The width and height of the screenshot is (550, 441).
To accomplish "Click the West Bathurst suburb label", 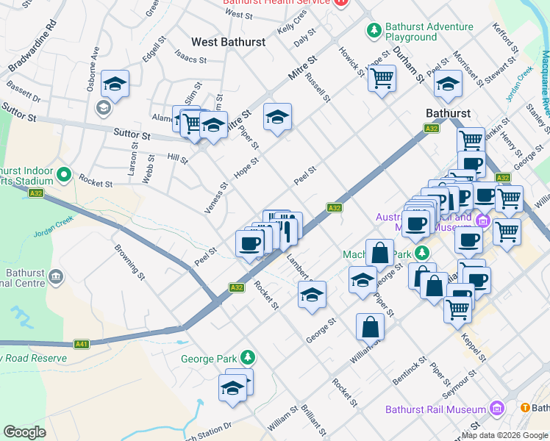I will click(228, 42).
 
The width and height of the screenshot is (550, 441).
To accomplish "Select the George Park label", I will click(209, 359).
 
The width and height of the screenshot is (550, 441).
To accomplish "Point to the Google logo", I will click(25, 432).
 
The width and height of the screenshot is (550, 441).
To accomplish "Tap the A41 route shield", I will click(82, 343).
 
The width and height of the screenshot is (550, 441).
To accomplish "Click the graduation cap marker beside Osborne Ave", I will click(115, 85).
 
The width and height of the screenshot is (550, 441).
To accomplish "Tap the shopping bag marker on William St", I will click(370, 326).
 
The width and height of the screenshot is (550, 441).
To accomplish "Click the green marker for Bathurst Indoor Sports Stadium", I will click(63, 176).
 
